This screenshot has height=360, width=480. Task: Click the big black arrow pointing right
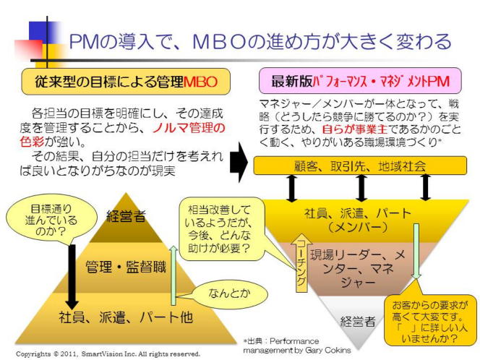239,166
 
